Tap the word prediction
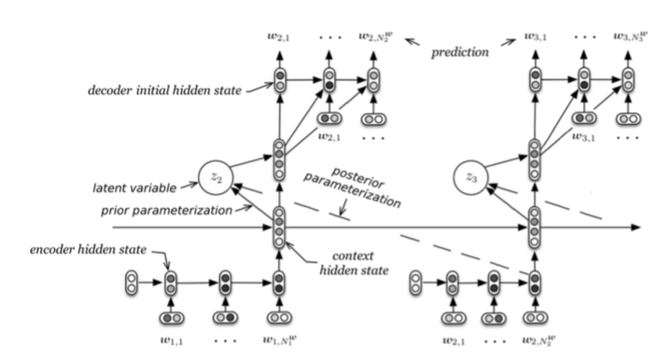pyautogui.click(x=461, y=54)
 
